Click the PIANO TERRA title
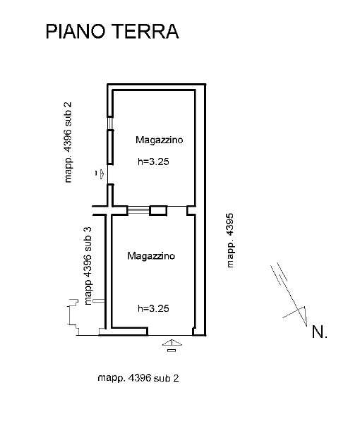coord(112,31)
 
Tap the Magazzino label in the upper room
coord(160,140)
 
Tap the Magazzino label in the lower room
coord(151,256)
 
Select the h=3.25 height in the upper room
coord(153,162)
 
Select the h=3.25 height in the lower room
coord(153,308)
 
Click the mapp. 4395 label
coord(230,240)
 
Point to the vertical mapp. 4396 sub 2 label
coord(68,142)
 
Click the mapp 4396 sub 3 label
coord(88,265)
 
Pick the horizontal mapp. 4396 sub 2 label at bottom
coord(138,378)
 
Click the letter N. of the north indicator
coord(320,332)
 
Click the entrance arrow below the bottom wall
coord(172,343)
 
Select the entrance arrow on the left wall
coord(101,174)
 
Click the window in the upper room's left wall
coord(110,123)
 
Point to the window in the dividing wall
coord(138,210)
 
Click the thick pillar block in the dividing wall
coord(158,211)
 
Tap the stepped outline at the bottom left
coord(73,317)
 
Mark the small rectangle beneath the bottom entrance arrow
coord(172,351)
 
